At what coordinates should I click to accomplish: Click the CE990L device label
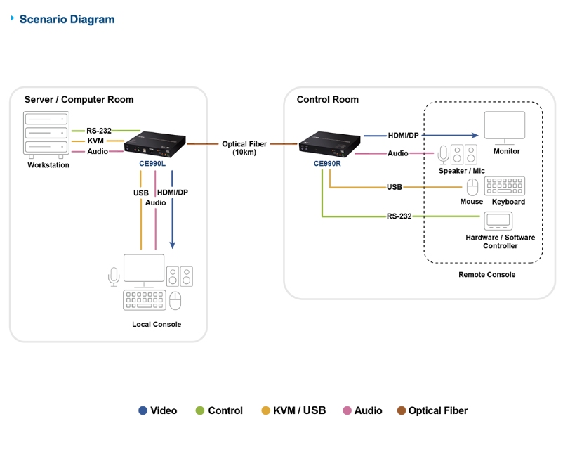click(x=152, y=164)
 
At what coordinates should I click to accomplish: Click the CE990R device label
click(x=327, y=164)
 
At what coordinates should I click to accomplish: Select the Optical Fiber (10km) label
click(x=244, y=148)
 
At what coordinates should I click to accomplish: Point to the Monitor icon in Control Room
click(x=505, y=127)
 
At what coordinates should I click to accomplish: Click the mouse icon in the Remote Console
click(x=472, y=186)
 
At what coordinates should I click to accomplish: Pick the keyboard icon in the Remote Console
click(x=504, y=186)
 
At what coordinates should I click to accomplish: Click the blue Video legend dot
click(x=143, y=410)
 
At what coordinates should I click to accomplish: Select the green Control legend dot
click(x=200, y=410)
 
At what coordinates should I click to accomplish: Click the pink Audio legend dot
click(x=347, y=410)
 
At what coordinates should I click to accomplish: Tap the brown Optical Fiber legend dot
click(x=402, y=410)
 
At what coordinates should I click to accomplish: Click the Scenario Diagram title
click(x=67, y=19)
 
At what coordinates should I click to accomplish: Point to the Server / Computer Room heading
click(x=79, y=100)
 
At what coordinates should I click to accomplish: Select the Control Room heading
click(x=327, y=100)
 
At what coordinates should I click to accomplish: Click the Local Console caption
click(x=157, y=324)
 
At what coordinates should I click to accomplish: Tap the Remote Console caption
click(x=486, y=274)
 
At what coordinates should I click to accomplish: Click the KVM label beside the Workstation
click(x=95, y=141)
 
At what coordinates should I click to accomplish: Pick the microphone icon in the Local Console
click(x=114, y=276)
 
